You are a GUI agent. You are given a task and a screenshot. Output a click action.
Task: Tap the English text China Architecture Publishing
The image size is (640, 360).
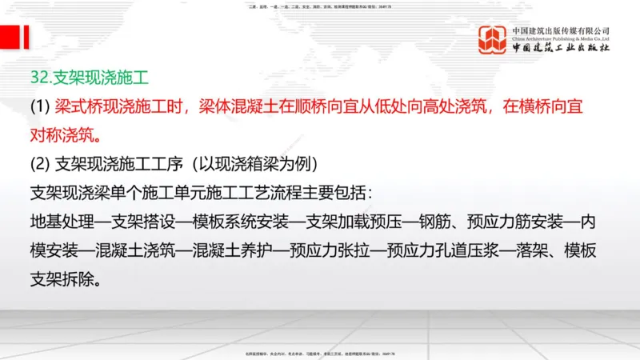pos(560,38)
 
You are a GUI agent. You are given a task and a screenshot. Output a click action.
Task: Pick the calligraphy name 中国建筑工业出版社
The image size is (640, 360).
pos(560,48)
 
